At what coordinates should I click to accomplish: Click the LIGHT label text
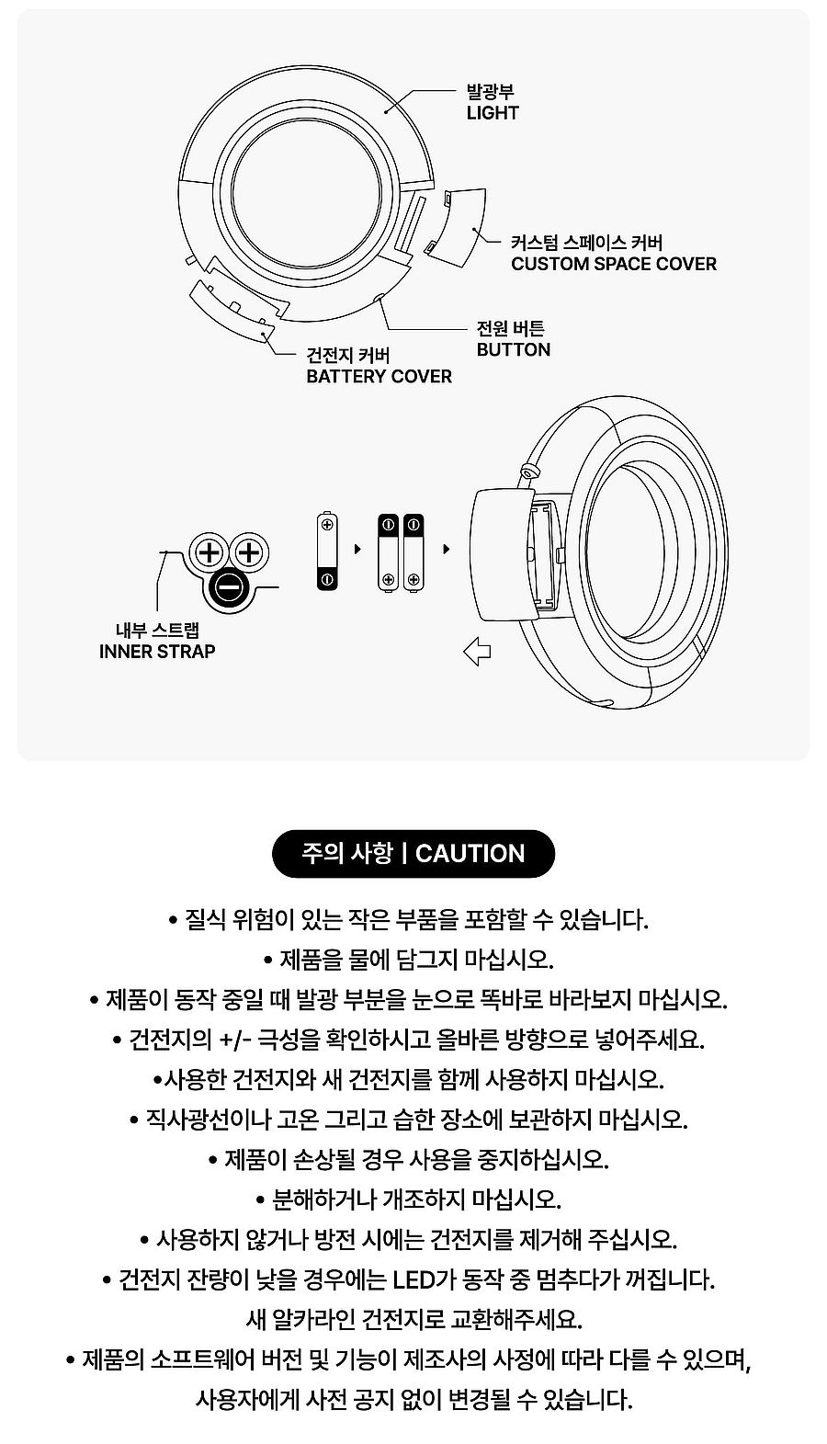(x=493, y=113)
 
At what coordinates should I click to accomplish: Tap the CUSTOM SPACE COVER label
(x=614, y=264)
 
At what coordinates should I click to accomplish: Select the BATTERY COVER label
(x=379, y=377)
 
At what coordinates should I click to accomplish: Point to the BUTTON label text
(x=514, y=350)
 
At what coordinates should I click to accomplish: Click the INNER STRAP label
(x=157, y=651)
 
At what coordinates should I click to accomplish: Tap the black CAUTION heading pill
(x=413, y=853)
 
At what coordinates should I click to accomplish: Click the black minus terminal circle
(x=229, y=588)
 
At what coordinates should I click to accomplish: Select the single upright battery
(x=327, y=551)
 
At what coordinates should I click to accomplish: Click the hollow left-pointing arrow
(x=477, y=652)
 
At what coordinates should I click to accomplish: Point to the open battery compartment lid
(x=503, y=555)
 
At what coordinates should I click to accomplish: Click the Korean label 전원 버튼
(x=511, y=329)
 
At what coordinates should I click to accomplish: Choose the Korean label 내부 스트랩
(x=158, y=630)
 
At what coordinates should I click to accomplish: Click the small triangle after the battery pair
(x=447, y=550)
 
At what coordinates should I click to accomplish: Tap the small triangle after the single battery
(x=357, y=550)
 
